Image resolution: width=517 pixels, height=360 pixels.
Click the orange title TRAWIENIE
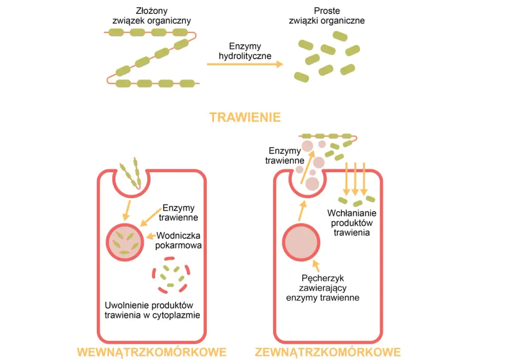(245, 117)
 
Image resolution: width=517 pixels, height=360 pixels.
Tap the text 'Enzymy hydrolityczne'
(245, 51)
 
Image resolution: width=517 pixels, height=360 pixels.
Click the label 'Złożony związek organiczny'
(151, 16)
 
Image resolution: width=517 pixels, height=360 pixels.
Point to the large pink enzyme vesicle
(301, 241)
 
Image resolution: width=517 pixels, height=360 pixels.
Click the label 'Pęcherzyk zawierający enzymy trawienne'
(323, 288)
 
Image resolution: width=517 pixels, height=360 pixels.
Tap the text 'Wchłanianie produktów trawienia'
(352, 222)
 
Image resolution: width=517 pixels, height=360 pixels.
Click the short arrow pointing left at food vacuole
(151, 236)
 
